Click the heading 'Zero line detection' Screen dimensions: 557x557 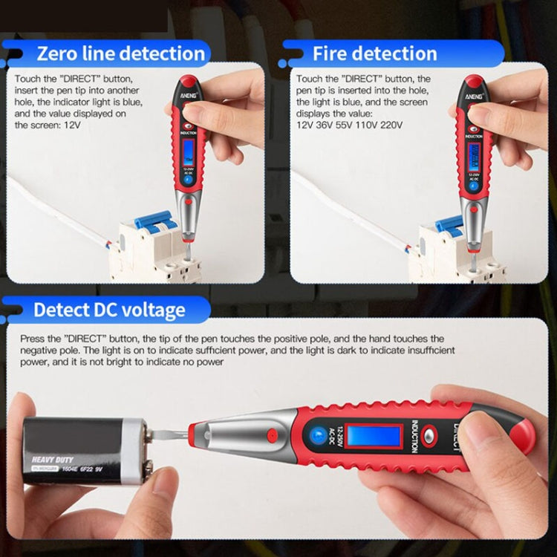(x=120, y=53)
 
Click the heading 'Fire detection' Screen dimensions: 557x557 (x=374, y=53)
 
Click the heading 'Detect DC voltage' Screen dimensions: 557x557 (x=109, y=310)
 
